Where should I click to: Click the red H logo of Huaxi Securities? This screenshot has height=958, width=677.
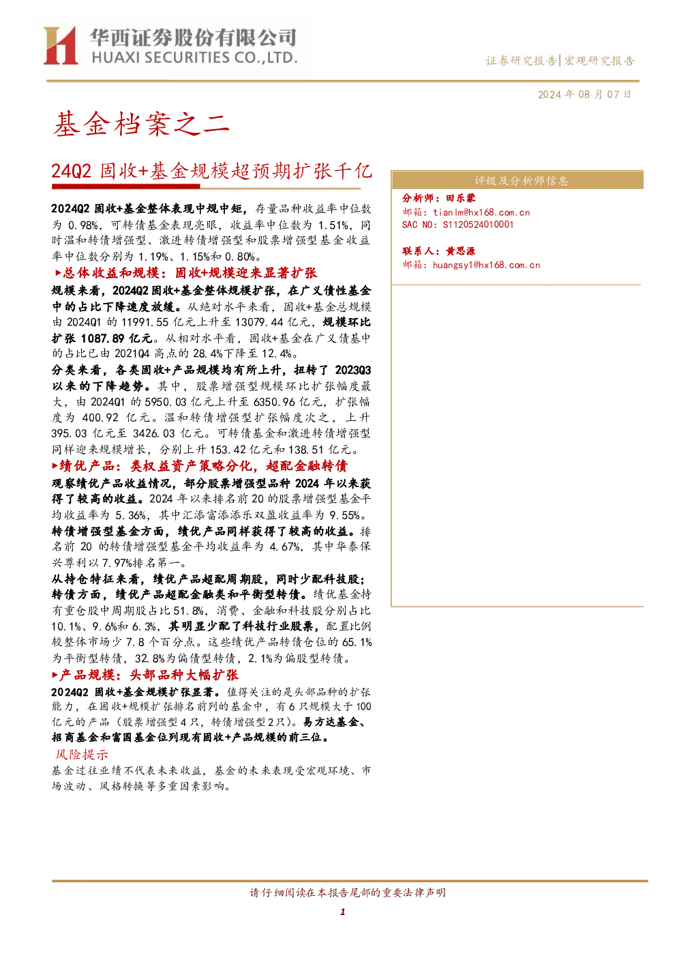(x=61, y=45)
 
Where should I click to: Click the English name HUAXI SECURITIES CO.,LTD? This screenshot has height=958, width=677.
(x=194, y=58)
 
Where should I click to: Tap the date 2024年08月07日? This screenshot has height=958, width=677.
(x=584, y=95)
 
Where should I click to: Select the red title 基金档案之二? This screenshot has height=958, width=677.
(x=141, y=124)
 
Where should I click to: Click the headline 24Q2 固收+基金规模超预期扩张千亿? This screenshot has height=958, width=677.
(x=211, y=171)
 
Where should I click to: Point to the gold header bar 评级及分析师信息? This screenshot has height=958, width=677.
(x=517, y=180)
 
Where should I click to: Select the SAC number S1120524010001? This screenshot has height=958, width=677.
(x=478, y=224)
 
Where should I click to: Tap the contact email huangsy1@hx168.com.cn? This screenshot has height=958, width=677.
(x=486, y=265)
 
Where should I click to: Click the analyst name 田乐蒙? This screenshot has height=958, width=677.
(x=460, y=198)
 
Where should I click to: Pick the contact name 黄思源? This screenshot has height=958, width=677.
(x=460, y=251)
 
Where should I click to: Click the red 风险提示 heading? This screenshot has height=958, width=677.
(x=82, y=755)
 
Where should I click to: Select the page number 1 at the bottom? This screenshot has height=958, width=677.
(x=342, y=912)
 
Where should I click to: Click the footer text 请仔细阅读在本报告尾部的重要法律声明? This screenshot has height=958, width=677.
(x=348, y=892)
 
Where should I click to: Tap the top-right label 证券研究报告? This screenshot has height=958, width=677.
(x=521, y=61)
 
